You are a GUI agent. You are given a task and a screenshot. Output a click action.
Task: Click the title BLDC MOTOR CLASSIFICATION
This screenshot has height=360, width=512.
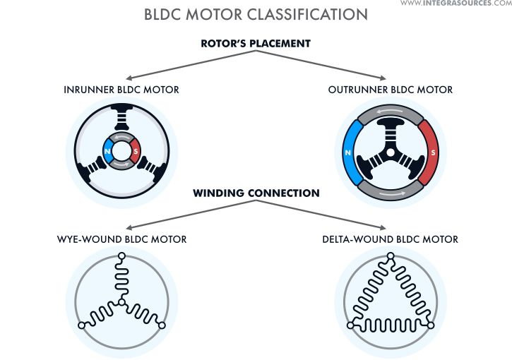(x=256, y=14)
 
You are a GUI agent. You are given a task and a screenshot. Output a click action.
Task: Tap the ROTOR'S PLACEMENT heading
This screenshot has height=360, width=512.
(x=256, y=44)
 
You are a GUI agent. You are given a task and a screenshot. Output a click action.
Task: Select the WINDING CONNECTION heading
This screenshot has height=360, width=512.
(x=256, y=193)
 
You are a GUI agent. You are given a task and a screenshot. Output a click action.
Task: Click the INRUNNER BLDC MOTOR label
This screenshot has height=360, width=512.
(x=121, y=90)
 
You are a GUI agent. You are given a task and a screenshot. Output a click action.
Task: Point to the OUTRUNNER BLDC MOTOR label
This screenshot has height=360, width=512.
(x=391, y=90)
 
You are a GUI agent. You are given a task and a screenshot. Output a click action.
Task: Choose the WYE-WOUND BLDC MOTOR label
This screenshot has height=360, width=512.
(x=121, y=239)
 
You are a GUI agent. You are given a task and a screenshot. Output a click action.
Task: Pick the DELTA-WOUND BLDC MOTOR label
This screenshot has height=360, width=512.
(x=390, y=239)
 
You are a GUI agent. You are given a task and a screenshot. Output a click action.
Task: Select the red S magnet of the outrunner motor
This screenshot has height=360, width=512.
(x=430, y=151)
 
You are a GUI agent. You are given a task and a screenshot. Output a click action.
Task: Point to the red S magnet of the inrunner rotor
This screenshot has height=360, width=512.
(x=134, y=150)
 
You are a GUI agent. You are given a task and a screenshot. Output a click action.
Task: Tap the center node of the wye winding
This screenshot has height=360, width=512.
(x=121, y=301)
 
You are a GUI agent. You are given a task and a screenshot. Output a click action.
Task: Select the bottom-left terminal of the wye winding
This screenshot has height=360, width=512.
(x=82, y=325)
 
